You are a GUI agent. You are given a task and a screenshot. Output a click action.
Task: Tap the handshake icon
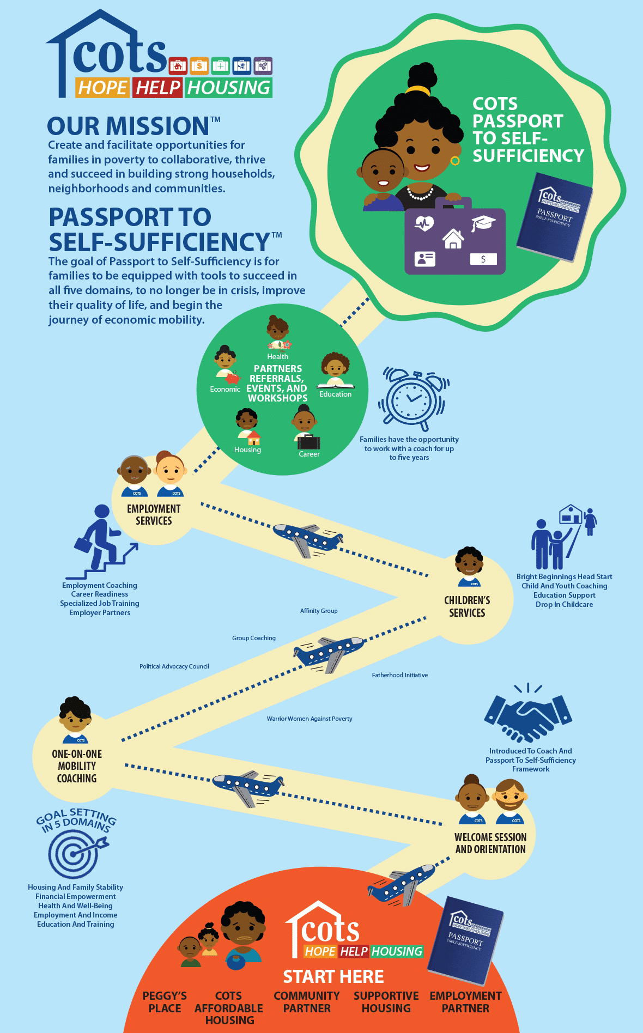(x=527, y=714)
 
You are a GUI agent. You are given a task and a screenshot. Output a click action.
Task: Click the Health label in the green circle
(x=277, y=356)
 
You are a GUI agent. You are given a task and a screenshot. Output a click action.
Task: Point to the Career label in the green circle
(x=309, y=454)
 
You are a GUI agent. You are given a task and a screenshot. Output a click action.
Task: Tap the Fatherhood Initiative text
(x=400, y=675)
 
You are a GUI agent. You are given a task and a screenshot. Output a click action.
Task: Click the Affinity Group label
(x=319, y=611)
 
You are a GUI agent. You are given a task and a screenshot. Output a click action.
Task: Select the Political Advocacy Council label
(x=174, y=666)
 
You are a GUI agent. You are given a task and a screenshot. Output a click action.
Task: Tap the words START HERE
(x=333, y=976)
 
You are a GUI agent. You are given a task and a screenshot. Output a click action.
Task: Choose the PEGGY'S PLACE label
(x=165, y=1002)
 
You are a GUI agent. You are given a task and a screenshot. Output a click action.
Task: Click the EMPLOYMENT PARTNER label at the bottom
(x=465, y=1002)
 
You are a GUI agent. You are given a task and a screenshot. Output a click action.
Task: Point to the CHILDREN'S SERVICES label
(x=467, y=606)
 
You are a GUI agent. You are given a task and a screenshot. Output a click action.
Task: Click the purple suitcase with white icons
(x=455, y=238)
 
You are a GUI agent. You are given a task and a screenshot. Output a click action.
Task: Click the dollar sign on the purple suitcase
(x=483, y=259)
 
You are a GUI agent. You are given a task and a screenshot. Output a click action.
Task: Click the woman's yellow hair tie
(x=418, y=90)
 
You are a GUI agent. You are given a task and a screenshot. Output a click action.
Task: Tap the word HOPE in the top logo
(x=102, y=88)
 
